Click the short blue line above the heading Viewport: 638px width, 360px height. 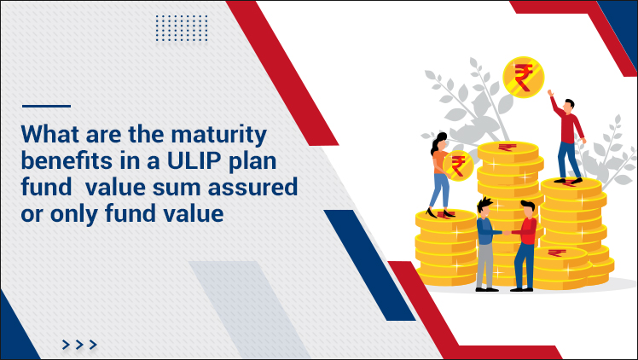[46, 107]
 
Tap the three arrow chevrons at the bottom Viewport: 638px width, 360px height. [79, 344]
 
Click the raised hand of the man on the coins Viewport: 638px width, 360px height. [551, 93]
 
